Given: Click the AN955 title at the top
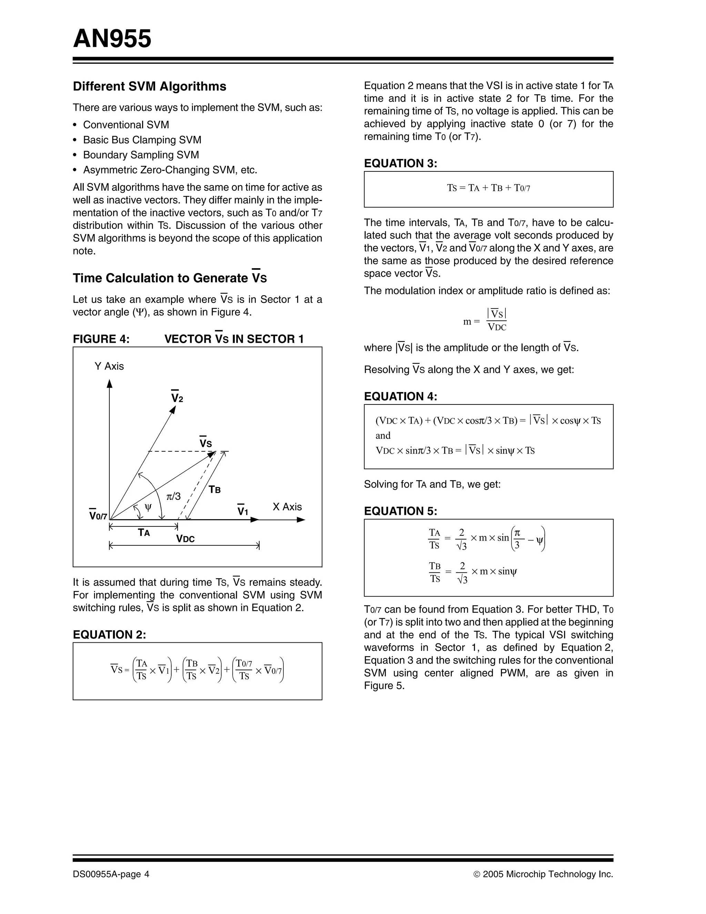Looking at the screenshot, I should pyautogui.click(x=112, y=39).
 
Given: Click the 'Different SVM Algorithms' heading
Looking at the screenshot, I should pyautogui.click(x=149, y=86).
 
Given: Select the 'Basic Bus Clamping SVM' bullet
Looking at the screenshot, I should pyautogui.click(x=142, y=140).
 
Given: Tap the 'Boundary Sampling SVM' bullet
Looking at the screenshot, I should pyautogui.click(x=141, y=155).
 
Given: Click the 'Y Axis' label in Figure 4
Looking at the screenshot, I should pyautogui.click(x=109, y=366).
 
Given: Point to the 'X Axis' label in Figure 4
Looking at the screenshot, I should pyautogui.click(x=287, y=507).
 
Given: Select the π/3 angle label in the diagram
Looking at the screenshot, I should pyautogui.click(x=173, y=496).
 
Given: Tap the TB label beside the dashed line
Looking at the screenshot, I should pyautogui.click(x=215, y=490).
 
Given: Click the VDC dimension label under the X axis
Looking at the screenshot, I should pyautogui.click(x=185, y=539).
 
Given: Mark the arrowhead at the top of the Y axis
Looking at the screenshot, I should pyautogui.click(x=110, y=383).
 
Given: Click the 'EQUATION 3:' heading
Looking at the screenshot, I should pyautogui.click(x=400, y=163).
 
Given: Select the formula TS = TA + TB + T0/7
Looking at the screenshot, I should pyautogui.click(x=488, y=188).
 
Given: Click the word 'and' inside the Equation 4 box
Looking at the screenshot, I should pyautogui.click(x=383, y=436).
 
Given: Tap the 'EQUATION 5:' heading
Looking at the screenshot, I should pyautogui.click(x=400, y=511).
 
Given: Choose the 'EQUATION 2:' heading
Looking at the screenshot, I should pyautogui.click(x=109, y=635).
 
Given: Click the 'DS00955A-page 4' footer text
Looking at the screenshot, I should pyautogui.click(x=111, y=874).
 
